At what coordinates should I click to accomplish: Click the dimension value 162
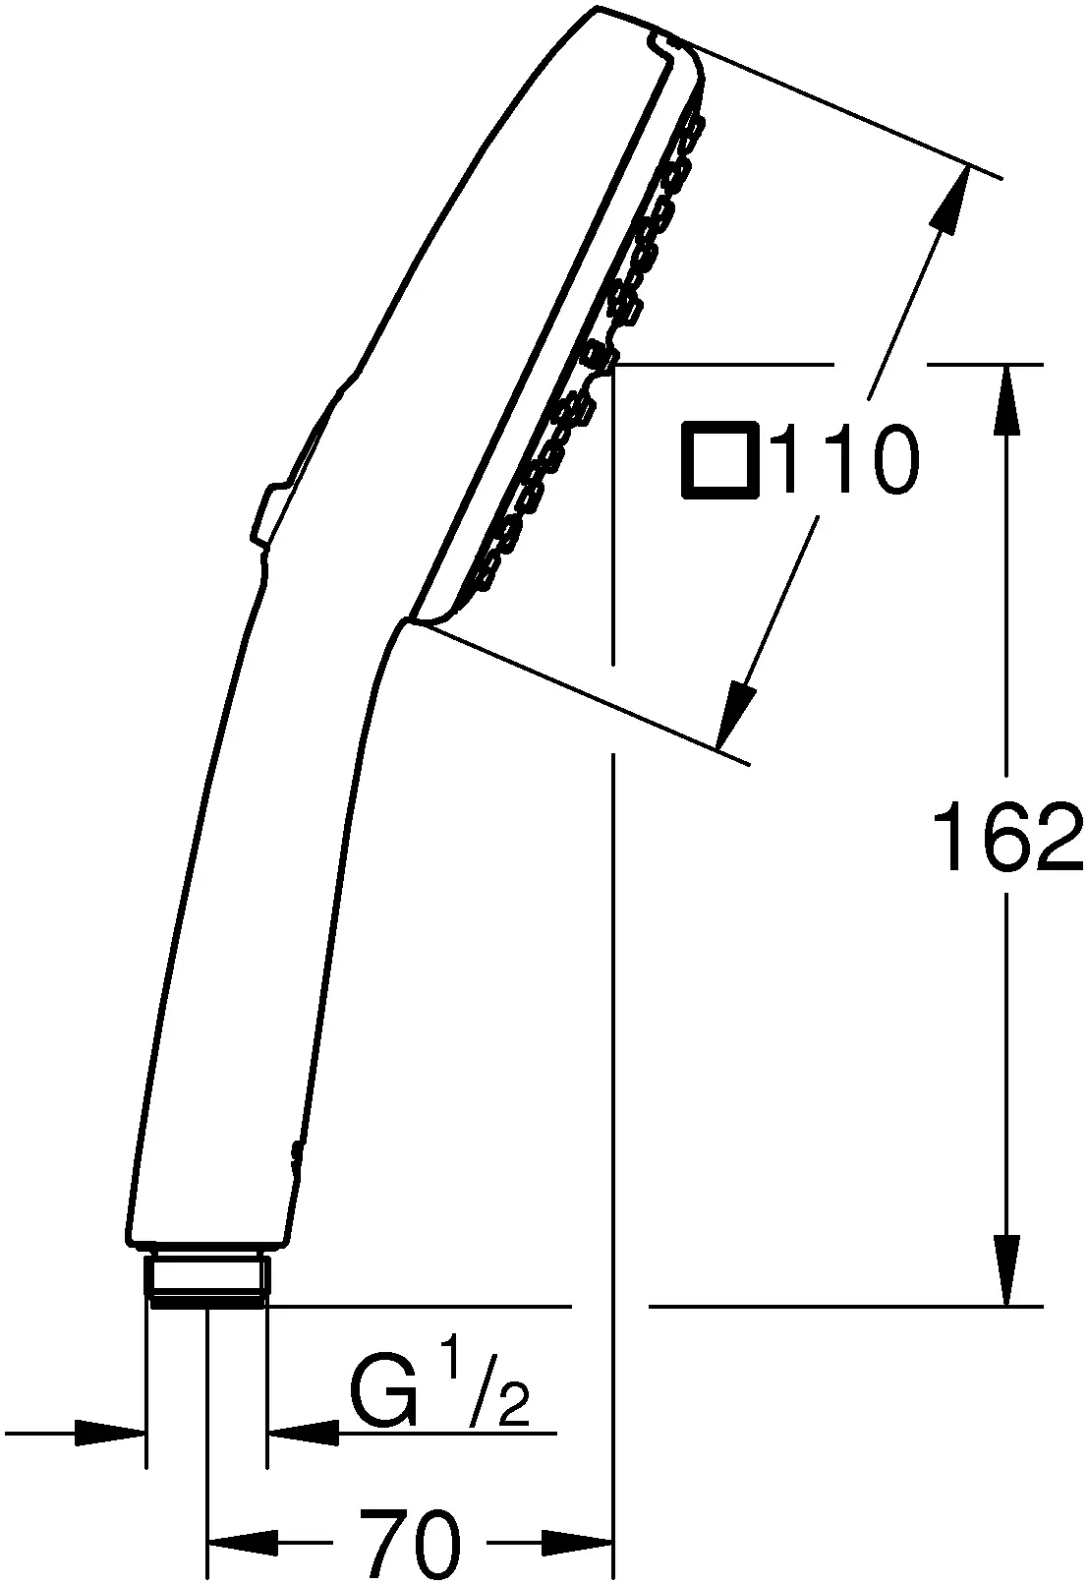pos(1007,837)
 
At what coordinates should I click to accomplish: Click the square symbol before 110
pos(719,459)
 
